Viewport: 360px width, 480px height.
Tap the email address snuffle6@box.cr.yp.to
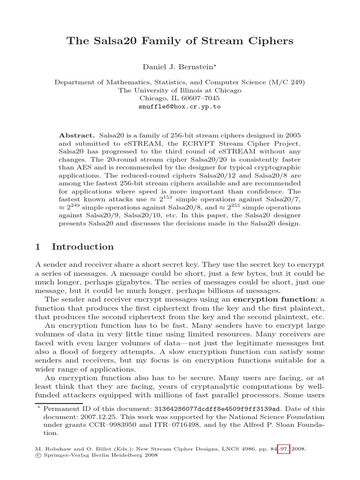[x=180, y=106]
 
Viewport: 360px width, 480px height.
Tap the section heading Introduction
[x=82, y=247]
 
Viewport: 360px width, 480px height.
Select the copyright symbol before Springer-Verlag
[x=38, y=455]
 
